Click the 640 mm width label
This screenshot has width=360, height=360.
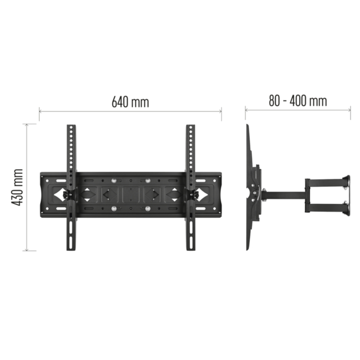(x=130, y=102)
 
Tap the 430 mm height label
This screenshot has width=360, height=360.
(x=17, y=187)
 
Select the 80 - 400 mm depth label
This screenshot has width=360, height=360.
(x=298, y=101)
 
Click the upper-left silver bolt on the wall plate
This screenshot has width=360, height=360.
(x=113, y=180)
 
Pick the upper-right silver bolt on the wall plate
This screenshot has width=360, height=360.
(x=147, y=180)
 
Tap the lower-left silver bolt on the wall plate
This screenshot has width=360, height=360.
(x=113, y=208)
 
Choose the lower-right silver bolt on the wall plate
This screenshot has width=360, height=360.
(x=147, y=208)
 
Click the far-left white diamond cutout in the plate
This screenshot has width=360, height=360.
(x=59, y=194)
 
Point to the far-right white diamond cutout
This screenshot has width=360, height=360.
(x=202, y=194)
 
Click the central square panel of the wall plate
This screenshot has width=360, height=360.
(x=130, y=194)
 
